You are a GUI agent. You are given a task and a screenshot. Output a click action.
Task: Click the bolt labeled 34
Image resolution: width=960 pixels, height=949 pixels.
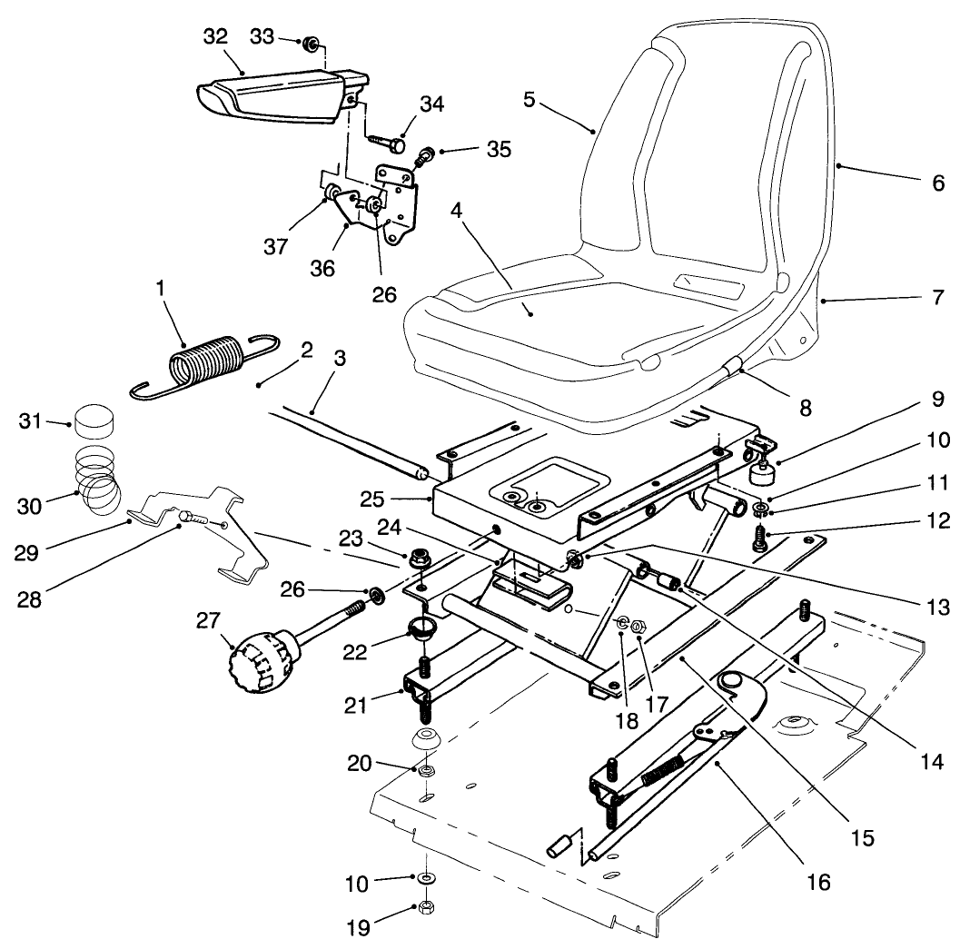coord(389,142)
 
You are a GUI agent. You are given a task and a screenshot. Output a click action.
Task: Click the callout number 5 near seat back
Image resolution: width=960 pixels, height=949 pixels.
coord(529,99)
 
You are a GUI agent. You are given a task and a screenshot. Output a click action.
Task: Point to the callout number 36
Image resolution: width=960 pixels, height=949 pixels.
coord(323,270)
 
